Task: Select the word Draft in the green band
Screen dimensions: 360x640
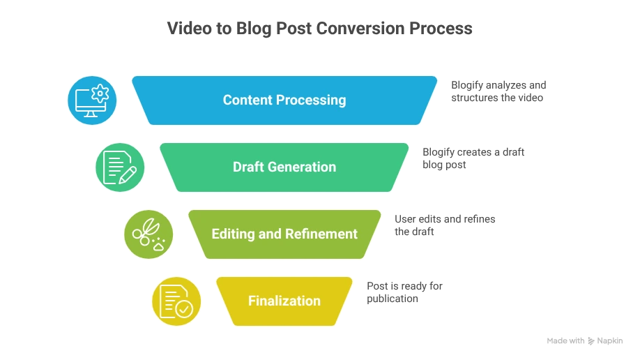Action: click(250, 167)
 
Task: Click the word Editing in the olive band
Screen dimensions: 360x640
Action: click(233, 234)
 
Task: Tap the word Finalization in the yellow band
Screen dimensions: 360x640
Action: click(284, 301)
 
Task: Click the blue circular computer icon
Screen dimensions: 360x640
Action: click(92, 100)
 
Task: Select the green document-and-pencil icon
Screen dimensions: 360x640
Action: click(120, 167)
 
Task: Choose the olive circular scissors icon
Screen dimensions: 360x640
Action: click(148, 234)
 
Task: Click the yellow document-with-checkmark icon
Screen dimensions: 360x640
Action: click(176, 301)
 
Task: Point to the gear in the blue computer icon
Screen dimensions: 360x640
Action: click(100, 92)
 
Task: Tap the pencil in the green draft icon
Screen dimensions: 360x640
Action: click(128, 174)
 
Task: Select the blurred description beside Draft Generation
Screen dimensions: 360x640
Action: click(470, 158)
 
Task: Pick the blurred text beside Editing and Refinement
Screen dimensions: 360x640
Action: click(443, 225)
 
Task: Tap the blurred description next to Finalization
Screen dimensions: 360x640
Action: click(403, 293)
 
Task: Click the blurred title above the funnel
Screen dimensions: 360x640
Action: click(319, 30)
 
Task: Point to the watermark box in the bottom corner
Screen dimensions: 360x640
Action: click(584, 340)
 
